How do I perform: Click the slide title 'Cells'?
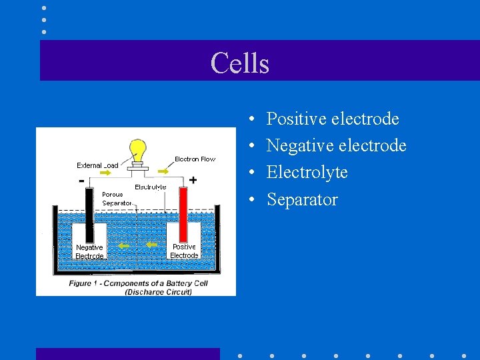point(240,63)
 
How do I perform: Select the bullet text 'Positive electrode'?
point(333,119)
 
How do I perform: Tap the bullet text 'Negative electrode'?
point(336,145)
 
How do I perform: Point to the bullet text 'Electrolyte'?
point(307,172)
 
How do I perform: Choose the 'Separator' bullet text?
point(302,199)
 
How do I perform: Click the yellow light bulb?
point(138,150)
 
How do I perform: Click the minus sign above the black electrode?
point(81,181)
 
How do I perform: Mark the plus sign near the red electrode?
point(193,180)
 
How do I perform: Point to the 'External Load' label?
point(97,165)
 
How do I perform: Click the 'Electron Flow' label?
point(195,159)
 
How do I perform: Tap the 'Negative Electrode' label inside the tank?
point(89,251)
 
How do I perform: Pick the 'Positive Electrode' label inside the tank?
point(184,251)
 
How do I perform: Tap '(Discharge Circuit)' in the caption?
point(157,291)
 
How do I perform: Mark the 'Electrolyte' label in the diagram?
point(150,187)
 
